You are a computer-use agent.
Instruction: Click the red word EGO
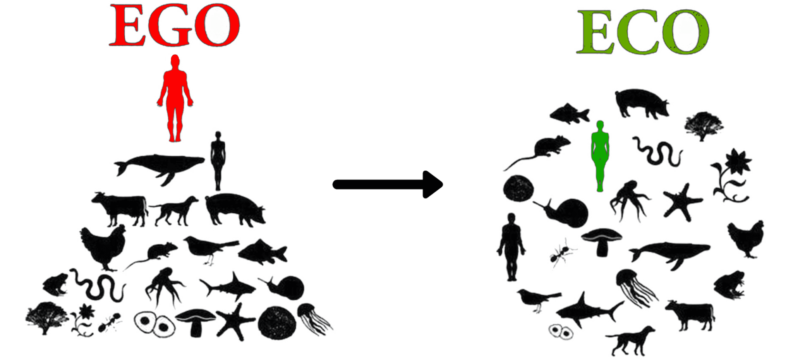175,25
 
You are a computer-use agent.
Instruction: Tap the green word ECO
643,31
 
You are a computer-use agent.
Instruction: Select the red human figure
175,98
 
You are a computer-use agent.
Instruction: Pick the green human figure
600,156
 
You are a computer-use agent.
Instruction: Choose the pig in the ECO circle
642,103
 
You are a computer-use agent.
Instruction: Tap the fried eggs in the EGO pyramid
154,324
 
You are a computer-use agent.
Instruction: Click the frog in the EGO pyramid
55,285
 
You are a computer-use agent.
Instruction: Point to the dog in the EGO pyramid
174,211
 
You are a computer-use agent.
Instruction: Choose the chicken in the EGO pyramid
103,247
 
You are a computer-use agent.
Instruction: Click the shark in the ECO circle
589,310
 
